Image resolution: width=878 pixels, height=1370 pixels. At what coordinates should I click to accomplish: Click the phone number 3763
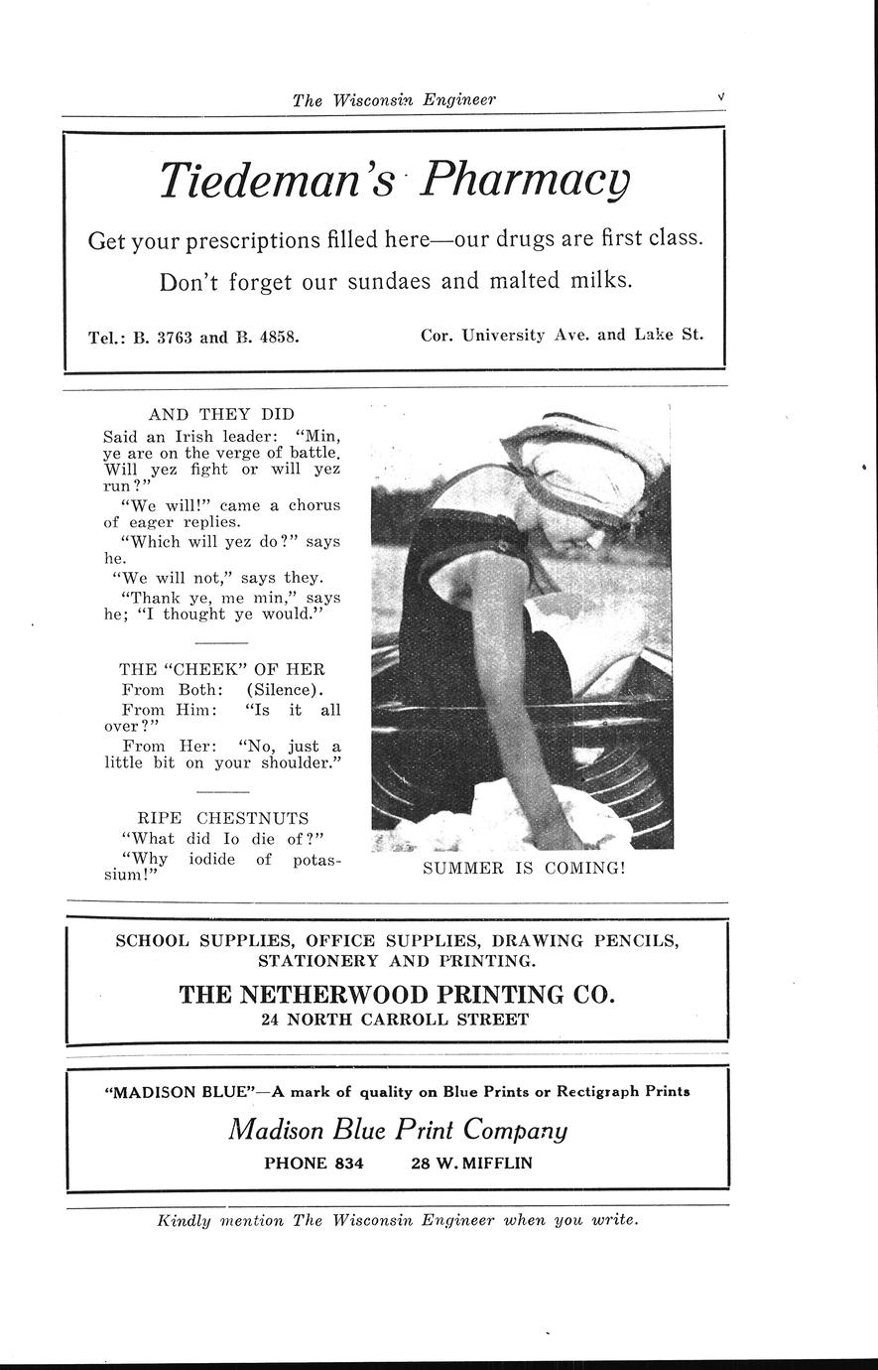175,336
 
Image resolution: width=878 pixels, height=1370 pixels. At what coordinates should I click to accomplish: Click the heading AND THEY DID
221,414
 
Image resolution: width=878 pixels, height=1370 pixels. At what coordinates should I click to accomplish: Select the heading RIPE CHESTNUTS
222,818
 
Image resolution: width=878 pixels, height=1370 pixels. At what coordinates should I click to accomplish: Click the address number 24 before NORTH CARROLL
271,1020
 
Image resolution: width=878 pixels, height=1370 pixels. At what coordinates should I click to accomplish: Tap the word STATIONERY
310,960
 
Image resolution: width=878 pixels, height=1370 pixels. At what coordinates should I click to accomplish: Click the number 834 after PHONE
348,1163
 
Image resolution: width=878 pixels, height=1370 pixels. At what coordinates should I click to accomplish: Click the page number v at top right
720,97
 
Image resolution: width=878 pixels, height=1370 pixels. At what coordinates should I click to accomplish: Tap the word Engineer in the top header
459,99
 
